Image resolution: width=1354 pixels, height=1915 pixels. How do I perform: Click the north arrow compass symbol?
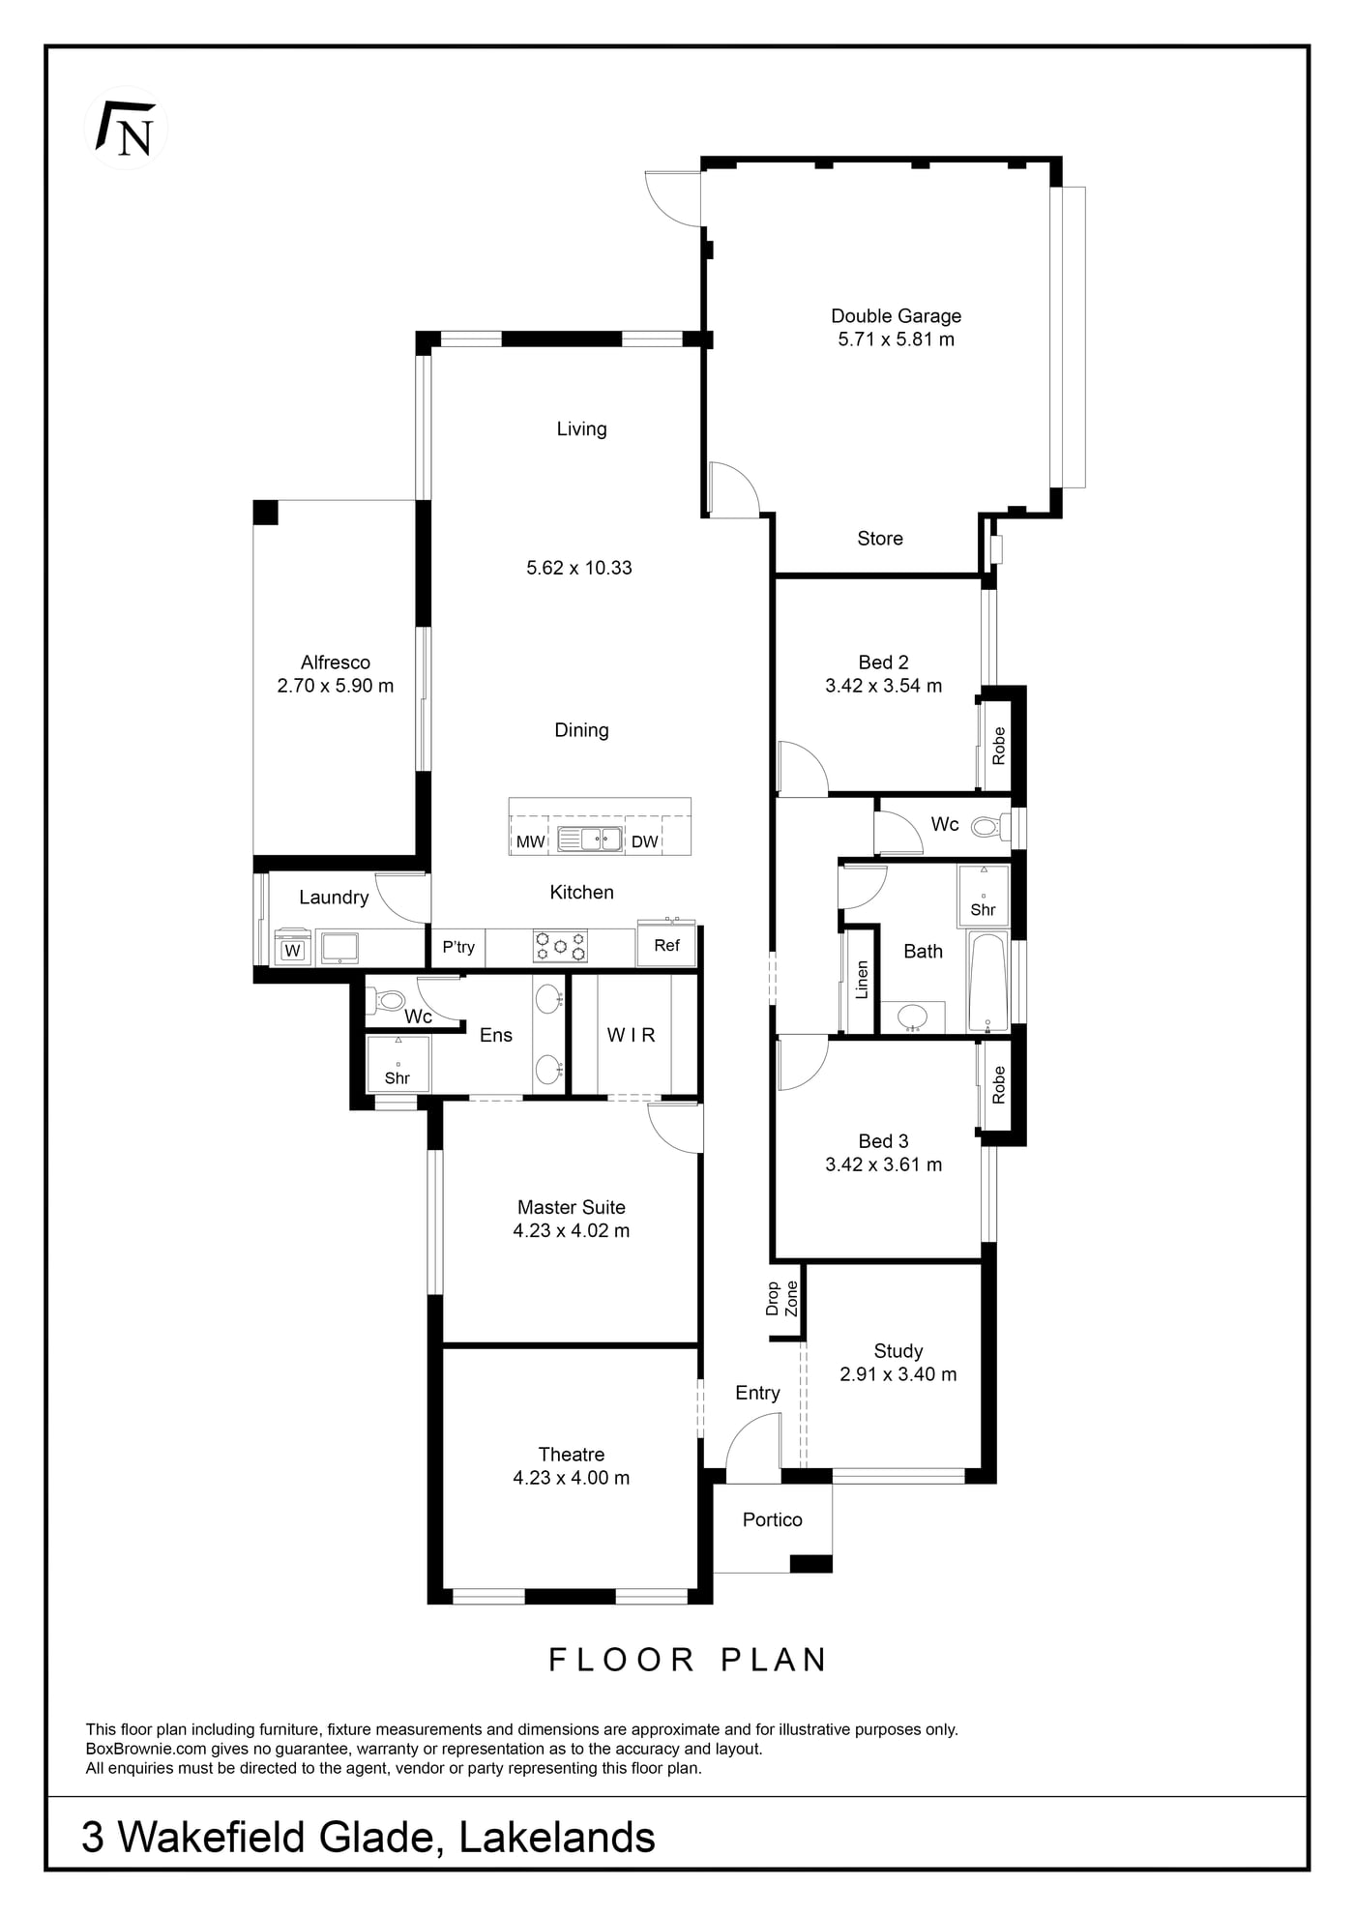pos(126,128)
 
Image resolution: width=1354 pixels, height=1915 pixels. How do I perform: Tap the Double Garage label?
pos(896,315)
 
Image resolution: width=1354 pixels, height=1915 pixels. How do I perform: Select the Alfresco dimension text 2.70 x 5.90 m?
pos(336,686)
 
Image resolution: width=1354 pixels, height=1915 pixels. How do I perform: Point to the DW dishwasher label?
pos(644,841)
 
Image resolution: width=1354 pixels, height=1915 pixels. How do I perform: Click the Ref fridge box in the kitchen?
pos(666,945)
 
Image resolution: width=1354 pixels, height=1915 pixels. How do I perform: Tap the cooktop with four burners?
pos(560,946)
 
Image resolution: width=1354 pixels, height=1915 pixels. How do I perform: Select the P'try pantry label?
pos(458,947)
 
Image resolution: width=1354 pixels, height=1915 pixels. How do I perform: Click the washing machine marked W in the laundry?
pos(292,947)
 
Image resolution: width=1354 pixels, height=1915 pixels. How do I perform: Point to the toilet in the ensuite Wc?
pos(389,999)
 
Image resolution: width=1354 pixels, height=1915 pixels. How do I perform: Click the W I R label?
pos(632,1035)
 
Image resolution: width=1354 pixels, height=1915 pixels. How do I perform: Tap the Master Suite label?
pos(572,1207)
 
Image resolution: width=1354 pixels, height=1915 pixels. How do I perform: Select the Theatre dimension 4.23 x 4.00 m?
pos(572,1478)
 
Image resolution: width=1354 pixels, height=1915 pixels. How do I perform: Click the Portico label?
pos(773,1519)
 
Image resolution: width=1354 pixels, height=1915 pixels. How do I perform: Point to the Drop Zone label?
pos(782,1299)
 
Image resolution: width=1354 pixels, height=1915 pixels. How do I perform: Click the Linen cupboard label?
pos(862,980)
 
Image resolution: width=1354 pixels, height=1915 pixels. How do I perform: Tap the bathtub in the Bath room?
pos(988,983)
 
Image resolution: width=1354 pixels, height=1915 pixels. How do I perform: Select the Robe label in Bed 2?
pos(999,746)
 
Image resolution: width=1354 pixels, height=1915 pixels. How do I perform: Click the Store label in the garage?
pos(880,539)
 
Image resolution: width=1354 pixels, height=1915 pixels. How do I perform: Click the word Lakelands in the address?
pos(557,1837)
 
